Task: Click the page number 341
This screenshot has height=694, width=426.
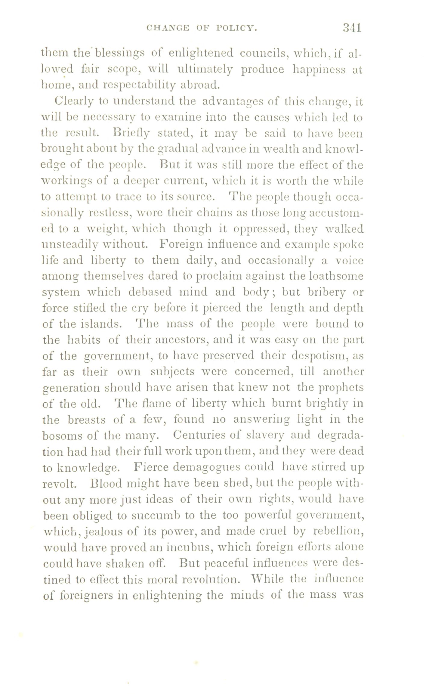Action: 351,28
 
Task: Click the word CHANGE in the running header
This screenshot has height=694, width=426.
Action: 168,29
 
